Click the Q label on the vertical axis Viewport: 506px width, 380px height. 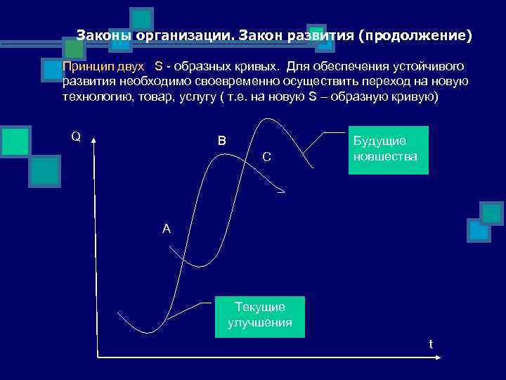point(75,136)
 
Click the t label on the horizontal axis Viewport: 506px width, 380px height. point(431,344)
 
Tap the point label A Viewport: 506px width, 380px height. point(166,229)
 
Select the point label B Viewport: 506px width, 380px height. point(222,141)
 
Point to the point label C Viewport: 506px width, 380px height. point(266,156)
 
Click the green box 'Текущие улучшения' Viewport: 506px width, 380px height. point(260,315)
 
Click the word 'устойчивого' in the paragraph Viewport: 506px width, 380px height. point(430,66)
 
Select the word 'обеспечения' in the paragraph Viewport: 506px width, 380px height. point(355,66)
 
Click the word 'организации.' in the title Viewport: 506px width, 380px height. point(186,34)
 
